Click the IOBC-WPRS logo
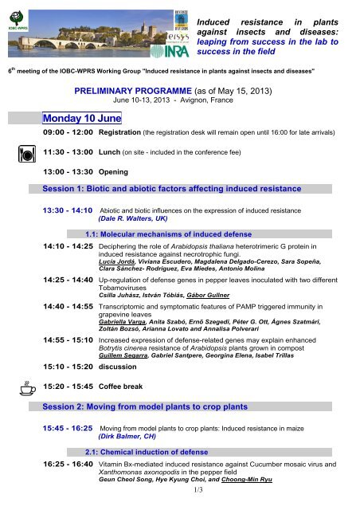click(x=18, y=17)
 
